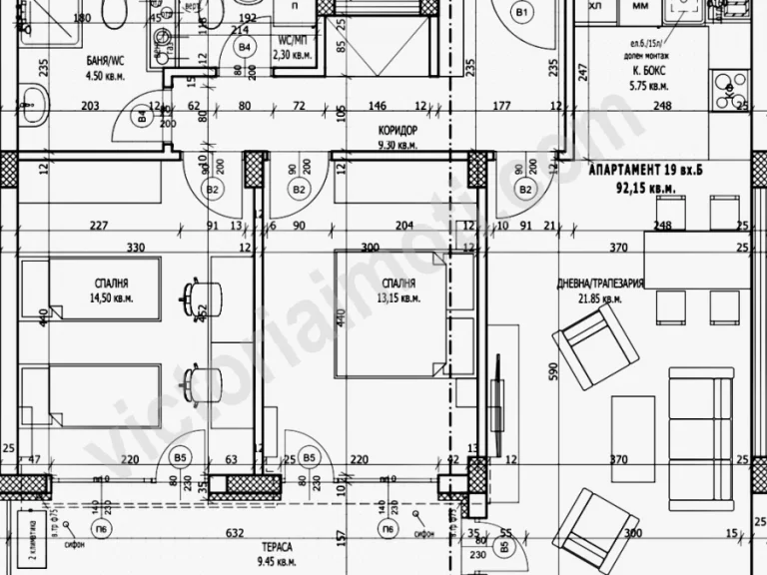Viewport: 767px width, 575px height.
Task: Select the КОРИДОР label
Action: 397,132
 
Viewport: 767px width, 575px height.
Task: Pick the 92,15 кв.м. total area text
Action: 646,187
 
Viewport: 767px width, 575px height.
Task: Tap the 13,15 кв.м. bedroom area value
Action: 396,297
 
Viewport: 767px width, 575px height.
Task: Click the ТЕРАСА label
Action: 277,548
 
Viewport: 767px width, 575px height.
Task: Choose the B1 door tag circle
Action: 520,12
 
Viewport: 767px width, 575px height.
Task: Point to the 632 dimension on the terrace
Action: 235,532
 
